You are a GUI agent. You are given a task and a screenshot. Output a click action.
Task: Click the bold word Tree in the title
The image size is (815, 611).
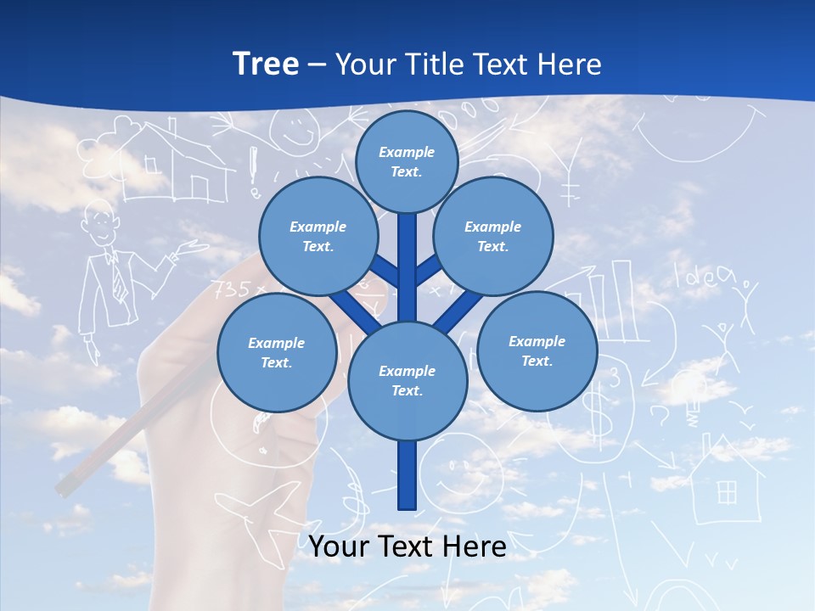pyautogui.click(x=266, y=64)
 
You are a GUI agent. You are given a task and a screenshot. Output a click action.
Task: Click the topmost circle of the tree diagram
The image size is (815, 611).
pyautogui.click(x=407, y=161)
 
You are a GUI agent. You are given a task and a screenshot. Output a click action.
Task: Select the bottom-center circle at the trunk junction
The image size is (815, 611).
pyautogui.click(x=407, y=381)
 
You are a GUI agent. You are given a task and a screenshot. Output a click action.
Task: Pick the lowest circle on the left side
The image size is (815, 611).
pyautogui.click(x=277, y=353)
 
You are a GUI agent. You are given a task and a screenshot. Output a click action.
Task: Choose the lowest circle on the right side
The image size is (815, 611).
pyautogui.click(x=537, y=351)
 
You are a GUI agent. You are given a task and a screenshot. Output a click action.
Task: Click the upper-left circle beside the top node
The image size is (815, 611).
pyautogui.click(x=318, y=237)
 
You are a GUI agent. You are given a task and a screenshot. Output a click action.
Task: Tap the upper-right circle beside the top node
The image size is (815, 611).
pyautogui.click(x=493, y=237)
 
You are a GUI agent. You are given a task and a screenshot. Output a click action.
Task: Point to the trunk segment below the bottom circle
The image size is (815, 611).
pyautogui.click(x=407, y=475)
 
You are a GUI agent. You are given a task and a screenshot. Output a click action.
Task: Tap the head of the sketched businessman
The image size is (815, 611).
pyautogui.click(x=101, y=221)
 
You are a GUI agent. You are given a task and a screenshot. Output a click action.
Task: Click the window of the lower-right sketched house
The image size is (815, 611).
pyautogui.click(x=727, y=491)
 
